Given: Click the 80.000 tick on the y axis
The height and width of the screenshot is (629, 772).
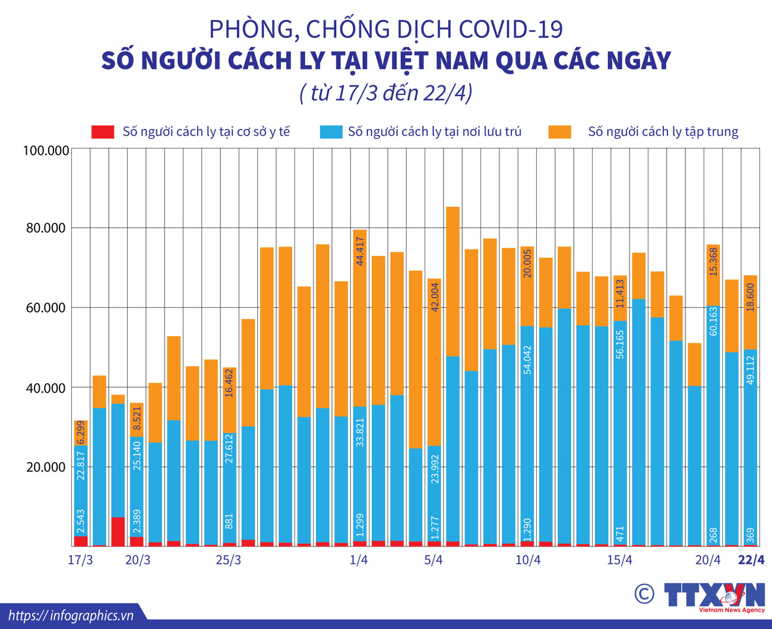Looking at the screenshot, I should click(46, 229).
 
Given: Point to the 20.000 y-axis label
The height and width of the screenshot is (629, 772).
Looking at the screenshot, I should click(46, 467).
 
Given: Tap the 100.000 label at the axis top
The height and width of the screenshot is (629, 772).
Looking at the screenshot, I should click(46, 151).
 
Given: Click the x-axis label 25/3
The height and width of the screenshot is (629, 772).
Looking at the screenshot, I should click(228, 560).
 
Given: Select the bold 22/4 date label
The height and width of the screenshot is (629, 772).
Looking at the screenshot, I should click(751, 560).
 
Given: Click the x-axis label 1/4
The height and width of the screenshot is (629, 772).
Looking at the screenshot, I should click(359, 560).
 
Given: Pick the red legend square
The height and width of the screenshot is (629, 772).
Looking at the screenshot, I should click(103, 132).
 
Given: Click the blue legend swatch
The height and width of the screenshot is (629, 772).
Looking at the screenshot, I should click(330, 132).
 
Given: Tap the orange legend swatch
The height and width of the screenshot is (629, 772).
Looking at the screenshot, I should click(560, 132).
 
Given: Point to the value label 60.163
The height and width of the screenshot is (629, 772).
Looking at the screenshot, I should click(713, 321).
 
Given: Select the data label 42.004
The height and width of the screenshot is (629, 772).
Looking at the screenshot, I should click(435, 297).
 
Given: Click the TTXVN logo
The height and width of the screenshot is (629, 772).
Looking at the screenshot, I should click(713, 596).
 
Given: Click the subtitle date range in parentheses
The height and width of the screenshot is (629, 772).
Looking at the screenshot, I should click(386, 93).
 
